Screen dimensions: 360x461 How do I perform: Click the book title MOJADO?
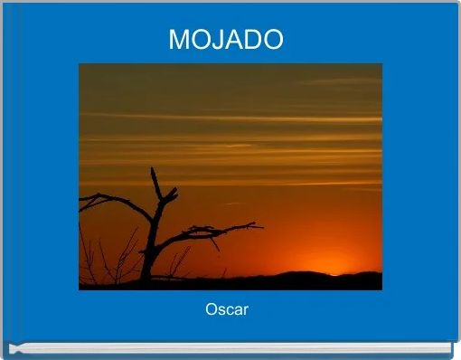226,40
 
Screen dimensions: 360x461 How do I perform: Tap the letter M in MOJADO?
179,40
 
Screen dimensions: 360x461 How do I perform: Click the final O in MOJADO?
273,40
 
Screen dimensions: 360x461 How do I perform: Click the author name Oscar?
227,310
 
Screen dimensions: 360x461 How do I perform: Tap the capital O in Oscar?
212,310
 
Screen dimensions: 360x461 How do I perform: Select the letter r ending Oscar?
245,311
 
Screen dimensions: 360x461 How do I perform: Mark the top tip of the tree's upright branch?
152,169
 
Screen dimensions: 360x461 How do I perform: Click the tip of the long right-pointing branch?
262,226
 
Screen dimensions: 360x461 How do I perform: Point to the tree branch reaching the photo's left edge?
82,207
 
